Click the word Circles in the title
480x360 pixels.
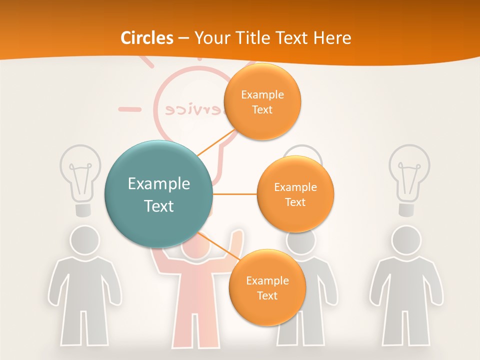click(x=147, y=38)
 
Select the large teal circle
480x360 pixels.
click(x=158, y=194)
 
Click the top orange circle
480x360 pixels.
click(x=262, y=101)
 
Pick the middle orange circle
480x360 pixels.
click(x=295, y=194)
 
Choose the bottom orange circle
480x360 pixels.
click(x=267, y=287)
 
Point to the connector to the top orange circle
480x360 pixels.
click(x=216, y=142)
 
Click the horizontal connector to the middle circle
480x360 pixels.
click(x=234, y=194)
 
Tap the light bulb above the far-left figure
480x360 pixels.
click(x=80, y=175)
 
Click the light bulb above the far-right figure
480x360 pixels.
click(x=409, y=175)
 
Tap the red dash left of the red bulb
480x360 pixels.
click(x=129, y=108)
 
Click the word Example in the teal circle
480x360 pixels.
click(x=158, y=184)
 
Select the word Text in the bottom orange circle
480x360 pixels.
click(x=267, y=295)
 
